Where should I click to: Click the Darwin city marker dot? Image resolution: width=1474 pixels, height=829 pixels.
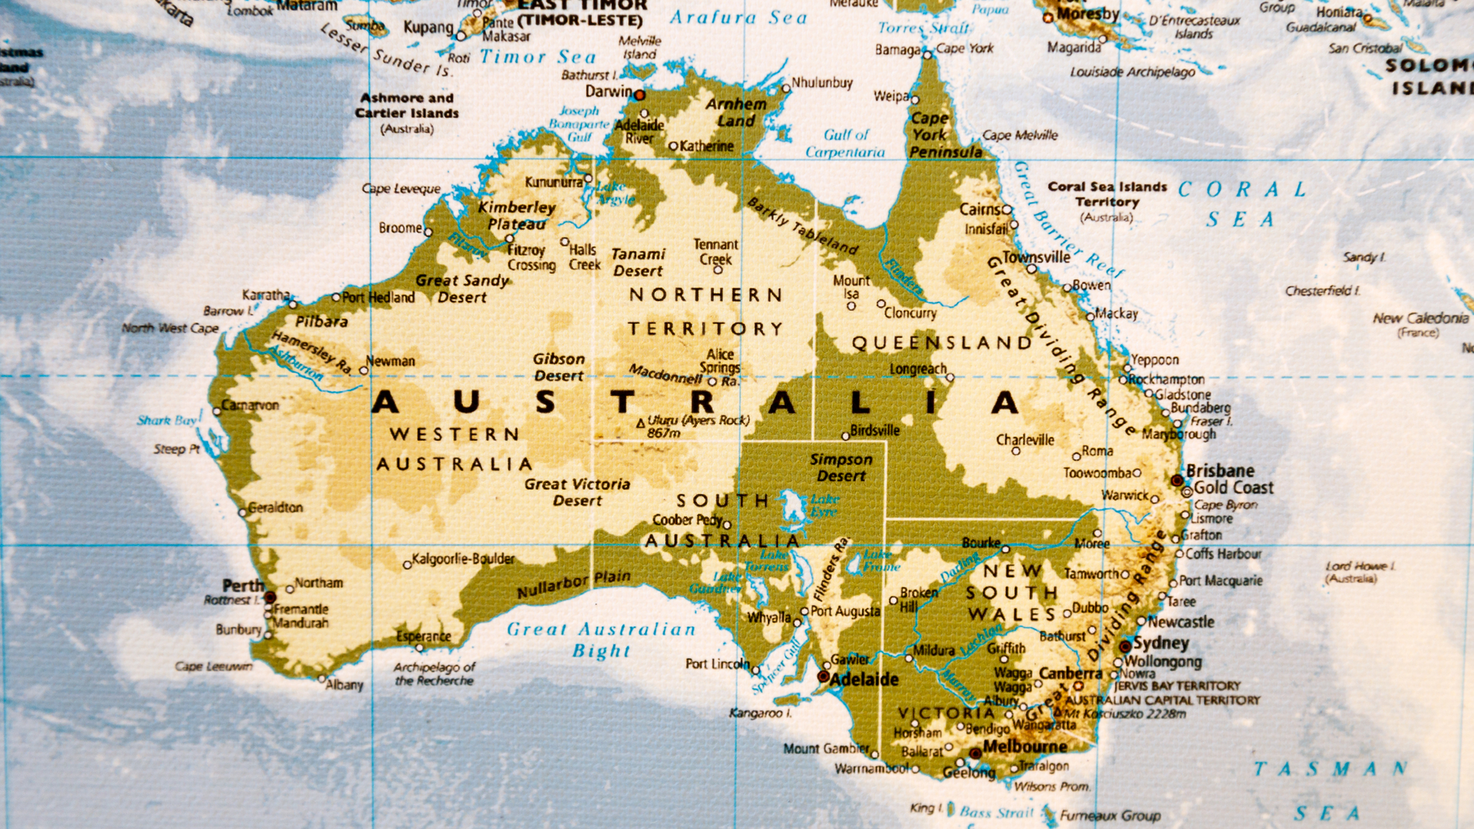[x=639, y=95]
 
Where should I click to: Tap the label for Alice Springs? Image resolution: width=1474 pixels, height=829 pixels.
[x=720, y=361]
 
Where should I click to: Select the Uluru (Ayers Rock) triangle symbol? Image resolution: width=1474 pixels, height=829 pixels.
[x=641, y=423]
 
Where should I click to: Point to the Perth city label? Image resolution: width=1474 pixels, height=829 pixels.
[x=243, y=586]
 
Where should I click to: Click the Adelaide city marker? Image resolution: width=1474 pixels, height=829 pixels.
[x=823, y=677]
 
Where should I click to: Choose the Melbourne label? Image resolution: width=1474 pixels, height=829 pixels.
[x=1024, y=746]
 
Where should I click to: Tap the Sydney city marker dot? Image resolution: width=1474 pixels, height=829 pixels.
[x=1125, y=646]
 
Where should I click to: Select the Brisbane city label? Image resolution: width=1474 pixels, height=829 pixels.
[x=1220, y=471]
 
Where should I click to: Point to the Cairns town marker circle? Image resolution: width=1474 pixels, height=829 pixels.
[x=1007, y=210]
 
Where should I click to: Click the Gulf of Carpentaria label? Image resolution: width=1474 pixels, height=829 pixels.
[x=845, y=144]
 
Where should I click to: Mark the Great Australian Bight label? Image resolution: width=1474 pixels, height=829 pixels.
[x=601, y=639]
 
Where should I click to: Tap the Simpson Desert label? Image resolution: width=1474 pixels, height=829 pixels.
[x=841, y=467]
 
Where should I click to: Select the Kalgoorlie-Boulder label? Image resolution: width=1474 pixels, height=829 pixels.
[x=463, y=559]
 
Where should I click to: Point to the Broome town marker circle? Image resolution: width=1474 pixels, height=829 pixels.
[x=428, y=231]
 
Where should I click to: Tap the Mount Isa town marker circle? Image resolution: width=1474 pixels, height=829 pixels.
[x=851, y=306]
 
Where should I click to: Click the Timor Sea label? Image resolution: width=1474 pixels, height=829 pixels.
[x=537, y=57]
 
